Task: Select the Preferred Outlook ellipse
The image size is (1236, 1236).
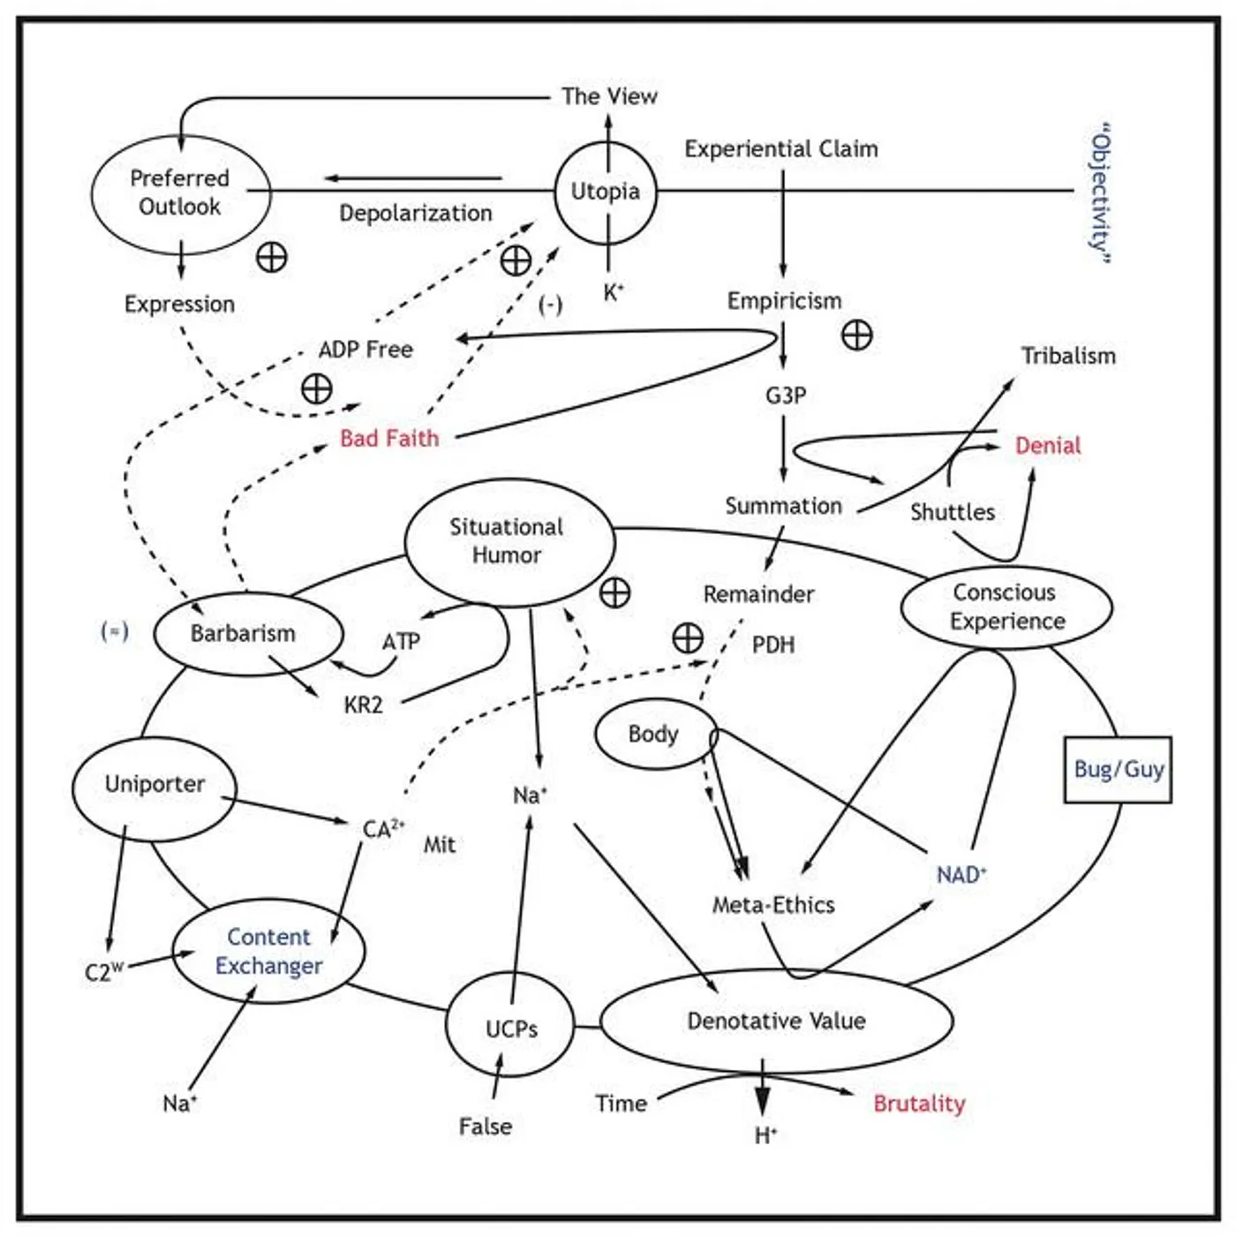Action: coord(180,193)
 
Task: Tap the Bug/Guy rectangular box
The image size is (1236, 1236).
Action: coord(1118,770)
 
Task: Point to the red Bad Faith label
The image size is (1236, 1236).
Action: coord(389,438)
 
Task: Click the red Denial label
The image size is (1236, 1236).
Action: coord(1047,446)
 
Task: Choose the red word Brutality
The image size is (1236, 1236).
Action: coord(919,1104)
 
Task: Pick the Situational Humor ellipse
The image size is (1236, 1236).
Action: coord(509,541)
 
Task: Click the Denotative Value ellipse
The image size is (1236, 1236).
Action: coord(776,1021)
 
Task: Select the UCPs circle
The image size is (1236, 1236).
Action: coord(510,1028)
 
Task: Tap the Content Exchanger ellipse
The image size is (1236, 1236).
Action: coord(268,952)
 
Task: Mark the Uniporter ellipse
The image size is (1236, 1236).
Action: coord(154,785)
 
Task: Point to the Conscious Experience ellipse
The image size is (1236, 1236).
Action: coord(1006,607)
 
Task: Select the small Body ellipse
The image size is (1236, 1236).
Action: coord(654,735)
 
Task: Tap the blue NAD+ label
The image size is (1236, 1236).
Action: coord(961,875)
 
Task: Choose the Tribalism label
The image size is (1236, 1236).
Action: coord(1068,356)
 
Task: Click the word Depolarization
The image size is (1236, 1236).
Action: coord(416,214)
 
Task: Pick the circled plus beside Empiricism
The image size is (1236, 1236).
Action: coord(856,335)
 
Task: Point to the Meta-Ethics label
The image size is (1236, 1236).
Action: coord(773,905)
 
